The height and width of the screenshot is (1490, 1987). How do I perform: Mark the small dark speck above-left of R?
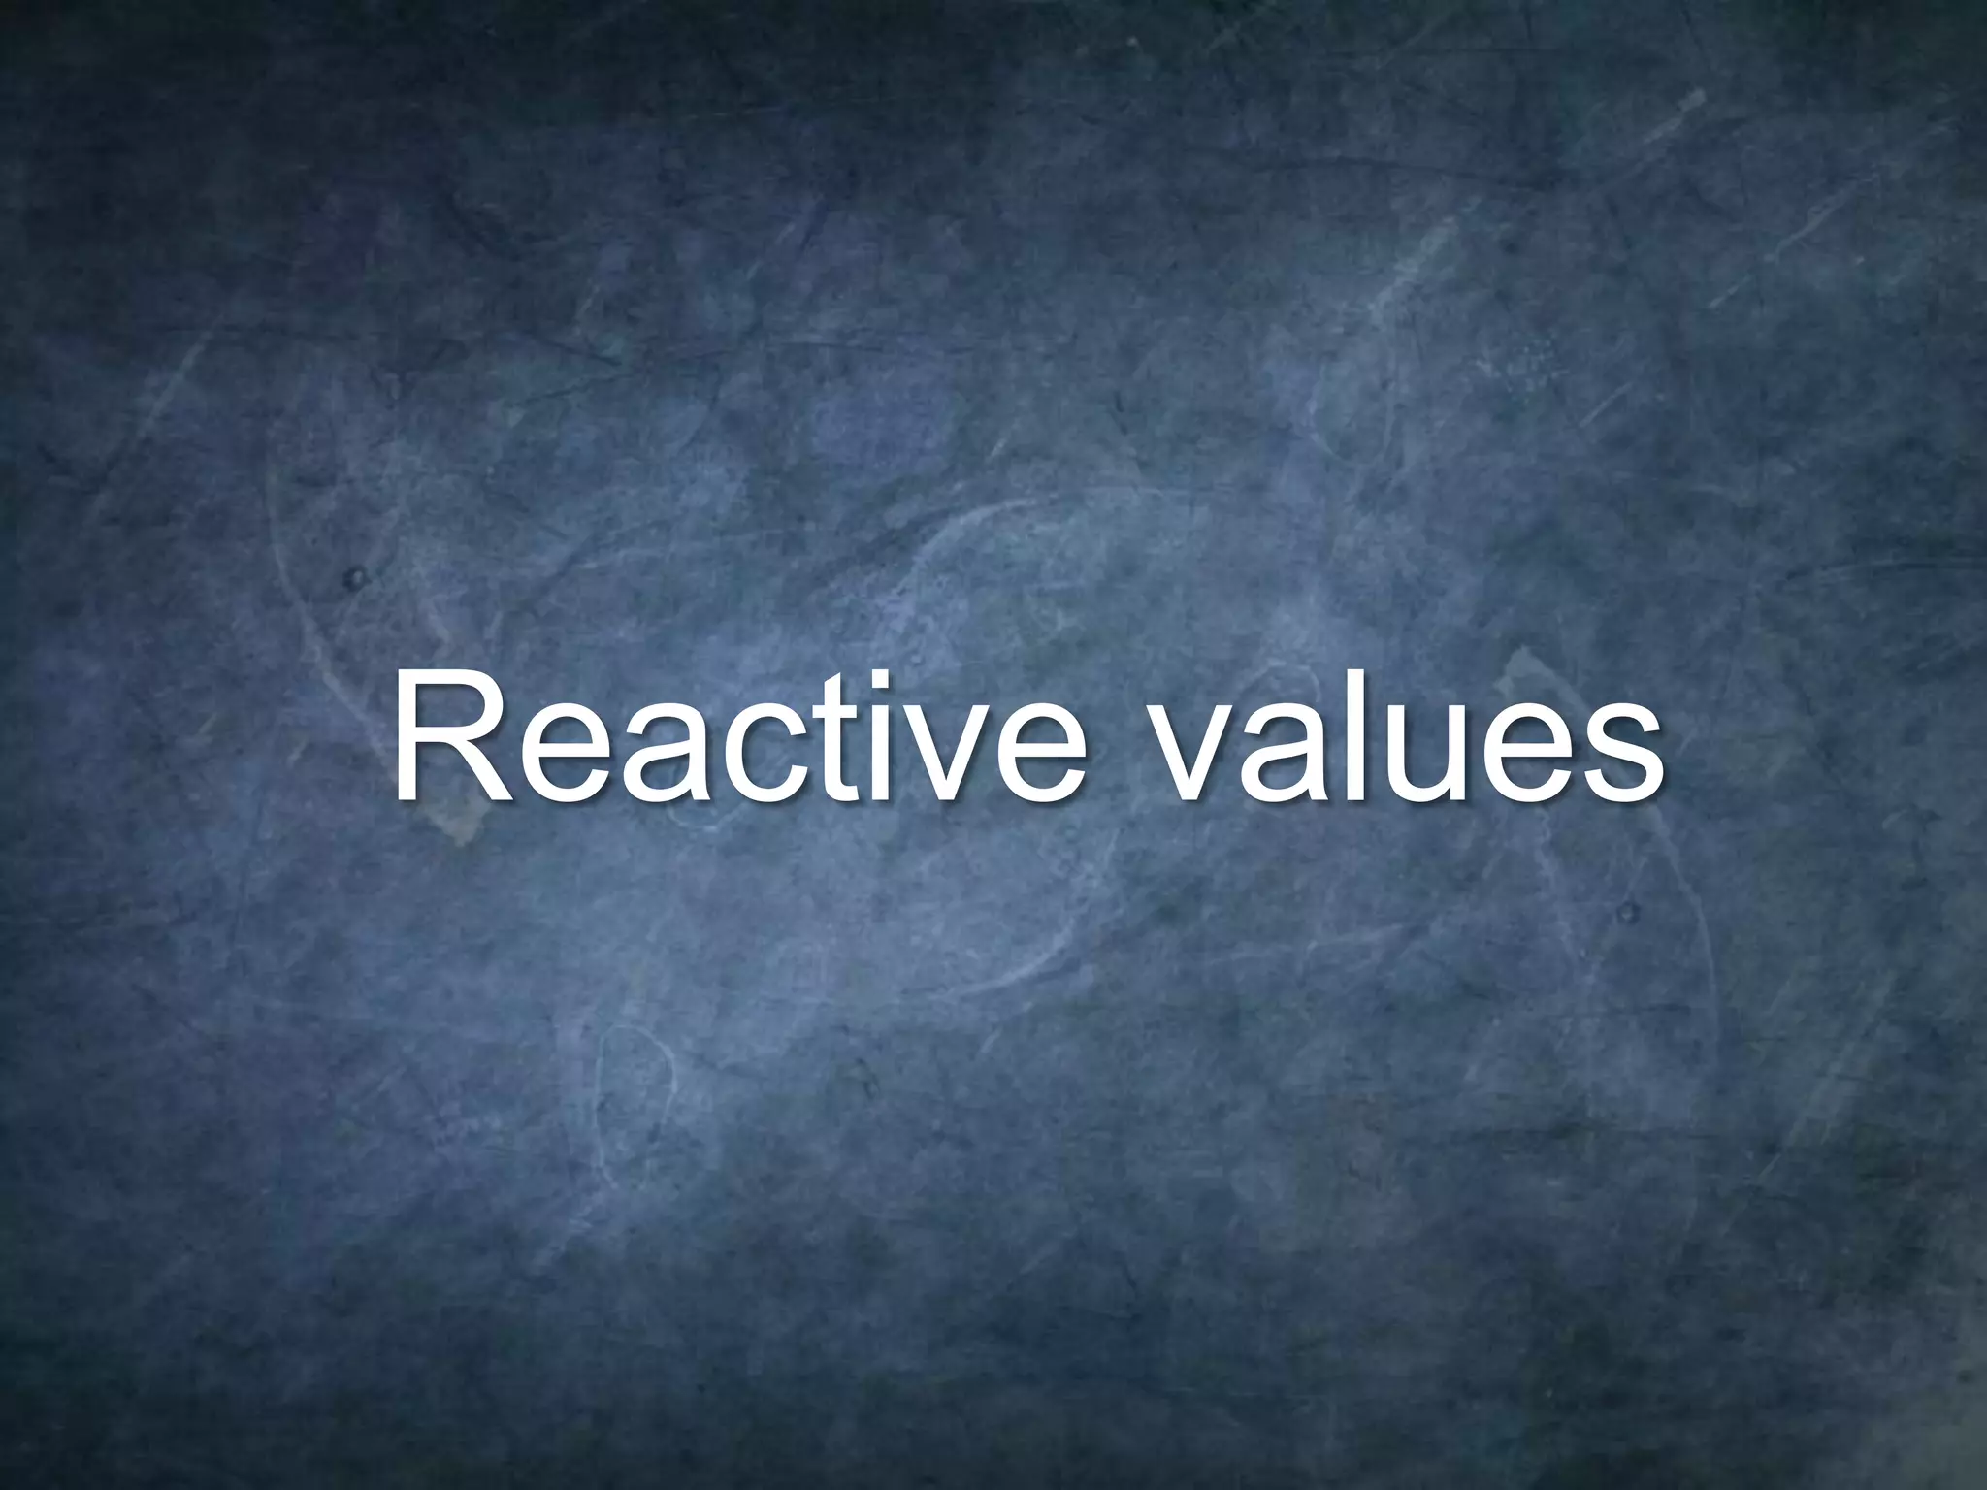(356, 579)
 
